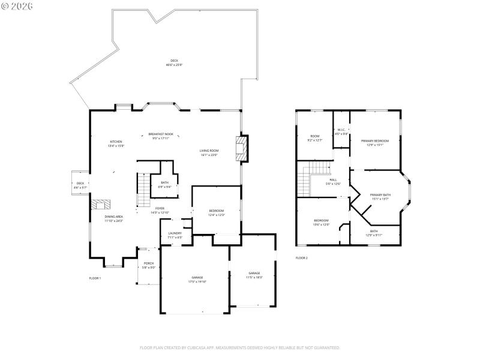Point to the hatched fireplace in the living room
pos(241,148)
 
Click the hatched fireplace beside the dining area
pos(98,204)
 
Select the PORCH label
pos(148,265)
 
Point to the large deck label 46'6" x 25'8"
pos(174,62)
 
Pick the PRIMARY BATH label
pos(380,196)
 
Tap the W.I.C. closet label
pos(341,131)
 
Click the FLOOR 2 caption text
pos(301,257)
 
